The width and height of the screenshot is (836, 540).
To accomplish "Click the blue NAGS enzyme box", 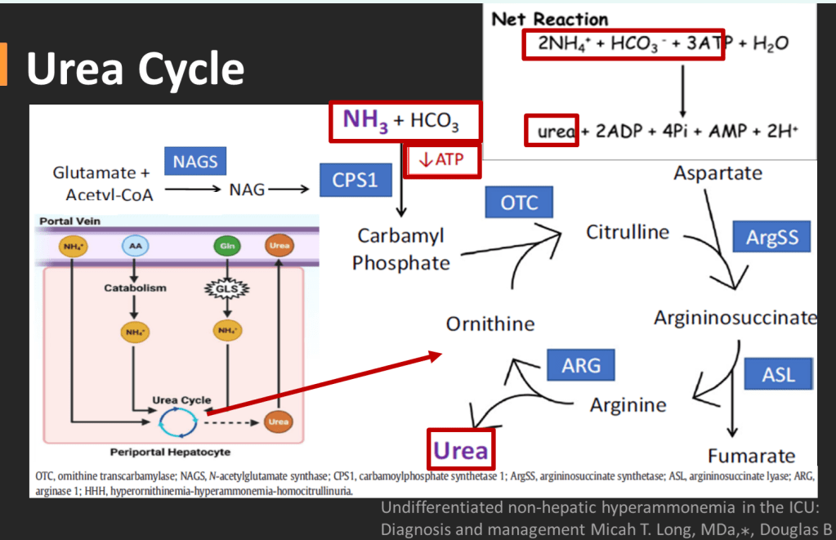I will (x=195, y=162).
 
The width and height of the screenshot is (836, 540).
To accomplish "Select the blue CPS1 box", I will (x=355, y=180).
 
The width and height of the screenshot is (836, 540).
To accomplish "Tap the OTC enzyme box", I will (x=519, y=203).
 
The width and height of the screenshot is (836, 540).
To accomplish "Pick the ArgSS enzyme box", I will (x=771, y=238).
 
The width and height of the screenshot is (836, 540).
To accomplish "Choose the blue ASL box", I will (x=778, y=375).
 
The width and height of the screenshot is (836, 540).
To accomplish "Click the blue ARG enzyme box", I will (x=581, y=364).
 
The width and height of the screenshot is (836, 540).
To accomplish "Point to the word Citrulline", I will (x=628, y=232).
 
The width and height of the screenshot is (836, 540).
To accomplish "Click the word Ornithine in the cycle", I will (x=490, y=324).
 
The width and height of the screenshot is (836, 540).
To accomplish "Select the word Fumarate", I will (x=751, y=456).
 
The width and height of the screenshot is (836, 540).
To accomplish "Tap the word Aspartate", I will (x=718, y=173).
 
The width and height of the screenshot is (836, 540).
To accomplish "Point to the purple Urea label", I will (x=460, y=450).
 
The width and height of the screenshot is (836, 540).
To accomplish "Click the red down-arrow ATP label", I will (x=440, y=160).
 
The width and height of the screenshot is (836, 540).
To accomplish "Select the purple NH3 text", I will (x=365, y=121).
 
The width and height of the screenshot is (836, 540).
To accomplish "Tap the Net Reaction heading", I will (x=550, y=19).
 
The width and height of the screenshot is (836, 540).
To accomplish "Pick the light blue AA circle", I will (x=135, y=246).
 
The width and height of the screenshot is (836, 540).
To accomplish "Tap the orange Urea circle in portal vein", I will (x=279, y=246).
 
